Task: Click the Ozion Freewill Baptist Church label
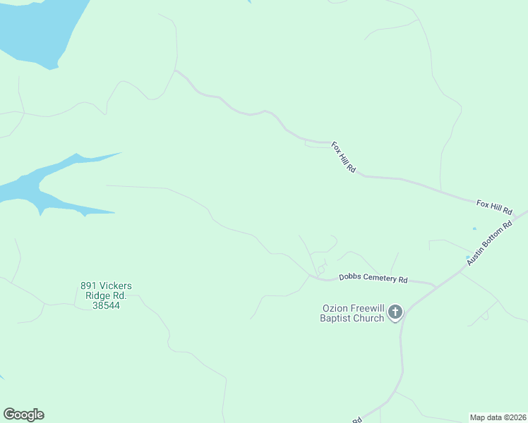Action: [353, 313]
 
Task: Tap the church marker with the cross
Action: [395, 312]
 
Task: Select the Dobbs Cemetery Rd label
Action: [373, 278]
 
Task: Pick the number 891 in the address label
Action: [88, 286]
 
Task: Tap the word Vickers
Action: [115, 286]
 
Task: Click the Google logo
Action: [23, 415]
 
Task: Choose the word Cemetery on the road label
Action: [380, 278]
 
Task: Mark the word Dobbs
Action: [350, 277]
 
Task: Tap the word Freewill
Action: [368, 308]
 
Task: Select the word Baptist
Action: [337, 318]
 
